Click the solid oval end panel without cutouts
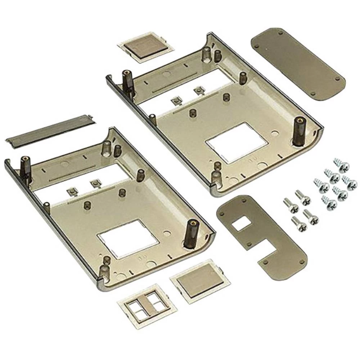coord(298,64)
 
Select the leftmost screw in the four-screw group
coord(291,205)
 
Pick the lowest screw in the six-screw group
coord(329,203)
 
